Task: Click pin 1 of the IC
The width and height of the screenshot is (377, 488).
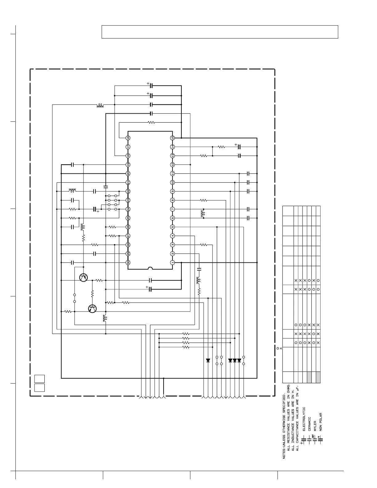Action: [x=172, y=262]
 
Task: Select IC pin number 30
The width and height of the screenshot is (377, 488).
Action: [x=128, y=262]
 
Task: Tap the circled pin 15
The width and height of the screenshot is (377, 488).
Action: [x=172, y=138]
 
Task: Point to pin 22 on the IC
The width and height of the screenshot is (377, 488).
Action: [x=128, y=191]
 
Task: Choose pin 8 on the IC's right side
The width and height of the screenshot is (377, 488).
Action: [x=172, y=200]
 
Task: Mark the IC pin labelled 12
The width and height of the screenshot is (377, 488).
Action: [x=172, y=165]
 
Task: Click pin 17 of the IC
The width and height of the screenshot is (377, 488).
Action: [x=128, y=147]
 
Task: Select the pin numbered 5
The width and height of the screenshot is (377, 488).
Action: [x=172, y=227]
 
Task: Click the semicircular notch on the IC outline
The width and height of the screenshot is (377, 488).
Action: [x=150, y=268]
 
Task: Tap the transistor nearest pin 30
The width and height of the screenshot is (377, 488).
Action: [x=83, y=277]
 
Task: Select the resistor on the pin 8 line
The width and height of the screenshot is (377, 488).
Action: [x=203, y=200]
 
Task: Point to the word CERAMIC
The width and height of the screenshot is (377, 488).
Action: [x=310, y=424]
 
